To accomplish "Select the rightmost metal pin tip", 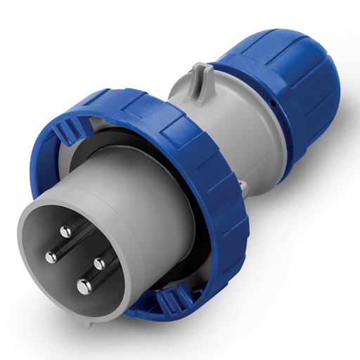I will (98, 264).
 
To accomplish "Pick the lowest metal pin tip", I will (84, 285).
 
